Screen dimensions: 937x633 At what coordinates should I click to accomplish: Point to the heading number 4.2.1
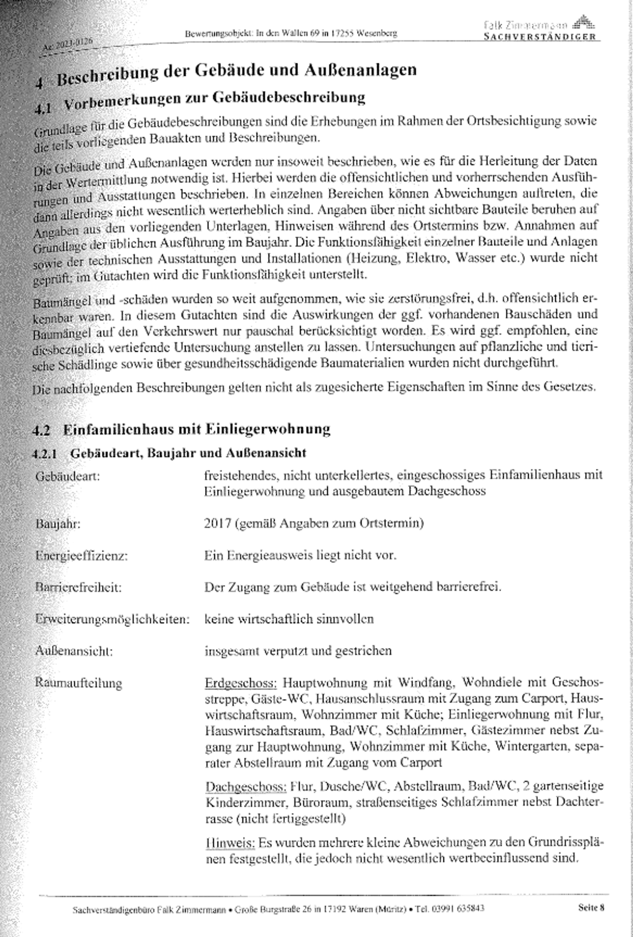(45, 453)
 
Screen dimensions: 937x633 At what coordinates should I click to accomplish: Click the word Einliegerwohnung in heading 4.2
(268, 429)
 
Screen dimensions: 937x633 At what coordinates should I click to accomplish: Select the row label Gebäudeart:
(67, 476)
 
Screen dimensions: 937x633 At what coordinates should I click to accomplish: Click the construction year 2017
(217, 523)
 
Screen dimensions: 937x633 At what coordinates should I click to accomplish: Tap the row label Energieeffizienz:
(81, 556)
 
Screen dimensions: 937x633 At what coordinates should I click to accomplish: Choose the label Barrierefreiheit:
(78, 587)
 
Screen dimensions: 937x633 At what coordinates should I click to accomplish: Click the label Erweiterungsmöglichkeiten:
(112, 619)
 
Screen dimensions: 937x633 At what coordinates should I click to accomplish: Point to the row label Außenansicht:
(74, 651)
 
